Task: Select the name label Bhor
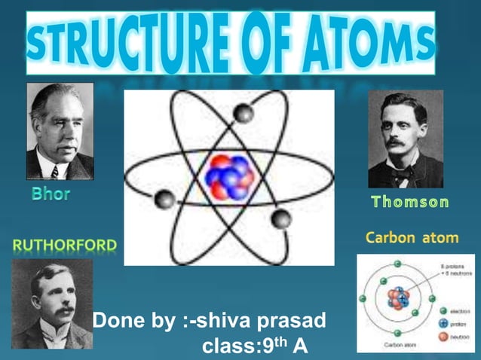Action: (x=51, y=194)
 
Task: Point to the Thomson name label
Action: (x=411, y=202)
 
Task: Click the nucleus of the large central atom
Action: (x=228, y=178)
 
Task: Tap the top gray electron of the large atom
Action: (x=243, y=113)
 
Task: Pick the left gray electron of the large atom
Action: (x=164, y=200)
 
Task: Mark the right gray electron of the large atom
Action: (x=281, y=219)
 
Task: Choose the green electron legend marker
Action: (x=444, y=310)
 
